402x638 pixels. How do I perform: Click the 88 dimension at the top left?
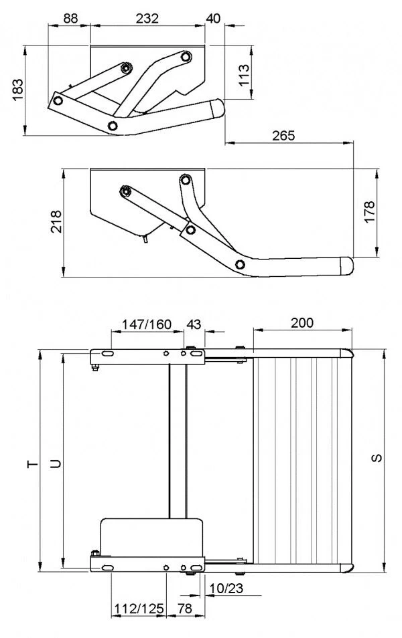click(x=69, y=18)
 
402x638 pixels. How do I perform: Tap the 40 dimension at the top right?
click(x=214, y=18)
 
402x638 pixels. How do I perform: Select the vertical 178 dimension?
click(x=369, y=213)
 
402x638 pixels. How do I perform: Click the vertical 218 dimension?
click(x=56, y=223)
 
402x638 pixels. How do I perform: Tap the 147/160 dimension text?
click(x=146, y=324)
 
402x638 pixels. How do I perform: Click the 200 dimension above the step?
click(x=302, y=322)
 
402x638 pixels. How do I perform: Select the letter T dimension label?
click(x=30, y=463)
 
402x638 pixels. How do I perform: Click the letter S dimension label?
click(x=377, y=459)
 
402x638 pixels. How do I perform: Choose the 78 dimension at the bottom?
click(x=185, y=609)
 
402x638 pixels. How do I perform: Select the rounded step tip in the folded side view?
click(x=216, y=106)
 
